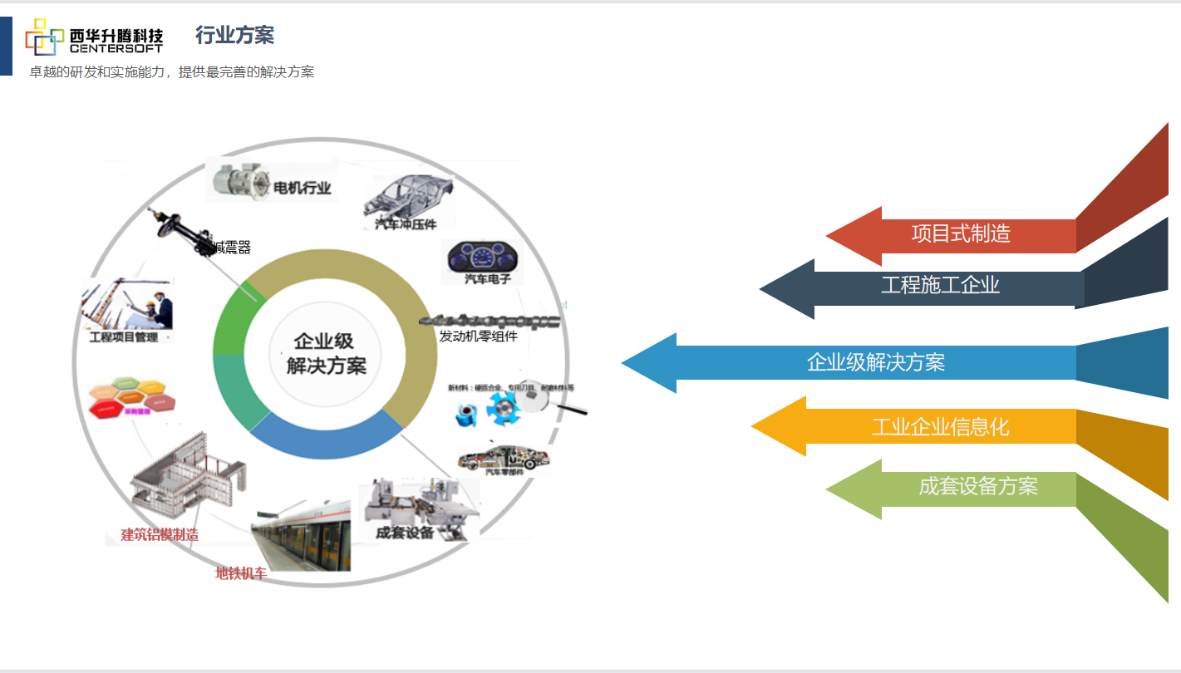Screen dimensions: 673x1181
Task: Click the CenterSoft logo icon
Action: (x=45, y=37)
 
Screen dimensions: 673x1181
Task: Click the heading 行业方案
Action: (x=234, y=35)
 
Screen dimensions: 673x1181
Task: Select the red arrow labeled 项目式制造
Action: (x=960, y=234)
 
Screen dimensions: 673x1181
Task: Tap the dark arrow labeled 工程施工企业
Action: (x=939, y=286)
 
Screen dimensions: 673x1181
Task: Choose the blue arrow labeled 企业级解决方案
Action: (x=875, y=363)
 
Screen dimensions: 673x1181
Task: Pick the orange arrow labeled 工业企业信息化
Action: (x=939, y=427)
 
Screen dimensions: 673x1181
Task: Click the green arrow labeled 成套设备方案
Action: (x=977, y=486)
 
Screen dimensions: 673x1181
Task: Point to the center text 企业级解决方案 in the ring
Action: (x=325, y=353)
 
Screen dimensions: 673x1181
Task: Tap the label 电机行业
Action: (x=302, y=189)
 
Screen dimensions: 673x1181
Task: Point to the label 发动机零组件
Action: (x=478, y=336)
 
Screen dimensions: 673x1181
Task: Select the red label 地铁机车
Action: (x=241, y=573)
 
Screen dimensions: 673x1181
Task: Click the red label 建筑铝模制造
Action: (x=160, y=534)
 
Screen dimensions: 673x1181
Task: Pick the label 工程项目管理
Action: (x=124, y=337)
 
